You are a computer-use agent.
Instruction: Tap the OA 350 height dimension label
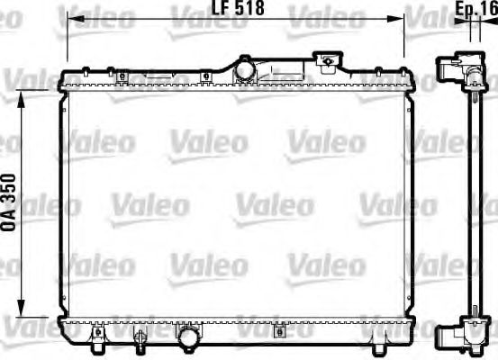pyautogui.click(x=12, y=203)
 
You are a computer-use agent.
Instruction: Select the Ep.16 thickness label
pyautogui.click(x=476, y=10)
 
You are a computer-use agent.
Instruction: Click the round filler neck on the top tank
pyautogui.click(x=244, y=68)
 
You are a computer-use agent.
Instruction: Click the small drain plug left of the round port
pyautogui.click(x=140, y=338)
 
